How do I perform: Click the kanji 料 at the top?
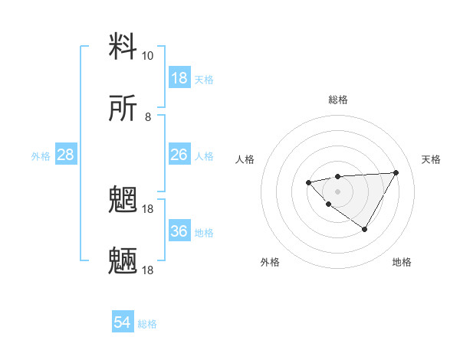point(123,47)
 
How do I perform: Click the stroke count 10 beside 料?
point(147,56)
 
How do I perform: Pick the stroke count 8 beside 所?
point(148,117)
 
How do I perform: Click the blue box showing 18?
point(179,78)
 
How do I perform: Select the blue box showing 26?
point(179,155)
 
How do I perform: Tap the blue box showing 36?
point(179,231)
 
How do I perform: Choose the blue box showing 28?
point(66,155)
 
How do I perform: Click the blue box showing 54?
point(123,323)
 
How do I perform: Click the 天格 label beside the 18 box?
point(204,79)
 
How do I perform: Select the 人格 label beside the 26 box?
point(204,155)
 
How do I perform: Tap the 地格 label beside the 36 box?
point(204,232)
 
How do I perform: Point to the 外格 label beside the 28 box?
point(41,155)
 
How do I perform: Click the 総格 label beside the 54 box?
point(147,324)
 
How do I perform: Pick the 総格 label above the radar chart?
point(337,100)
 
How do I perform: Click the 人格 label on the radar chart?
point(245,159)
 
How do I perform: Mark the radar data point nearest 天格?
point(396,172)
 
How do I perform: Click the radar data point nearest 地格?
point(364,229)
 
